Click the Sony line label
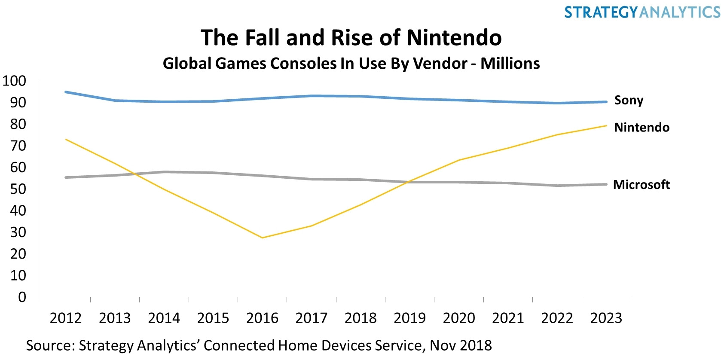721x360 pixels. [629, 101]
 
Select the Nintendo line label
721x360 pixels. [642, 128]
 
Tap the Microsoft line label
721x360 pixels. [641, 185]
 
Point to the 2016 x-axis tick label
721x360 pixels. [262, 318]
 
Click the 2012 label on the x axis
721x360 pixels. [65, 318]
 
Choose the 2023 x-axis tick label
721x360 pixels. [606, 318]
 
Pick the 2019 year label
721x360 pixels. [409, 318]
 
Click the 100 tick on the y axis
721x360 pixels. [14, 81]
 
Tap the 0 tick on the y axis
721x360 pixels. [22, 297]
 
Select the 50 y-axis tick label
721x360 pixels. [18, 189]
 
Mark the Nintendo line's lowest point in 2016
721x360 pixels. [262, 238]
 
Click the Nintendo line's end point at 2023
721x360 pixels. [606, 126]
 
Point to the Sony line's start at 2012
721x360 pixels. [66, 92]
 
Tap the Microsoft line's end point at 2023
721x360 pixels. [606, 185]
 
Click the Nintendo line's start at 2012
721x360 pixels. [66, 139]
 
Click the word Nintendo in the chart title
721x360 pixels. [454, 38]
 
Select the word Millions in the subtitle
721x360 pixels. [510, 64]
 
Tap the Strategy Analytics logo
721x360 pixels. [642, 12]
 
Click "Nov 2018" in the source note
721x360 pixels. [461, 345]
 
